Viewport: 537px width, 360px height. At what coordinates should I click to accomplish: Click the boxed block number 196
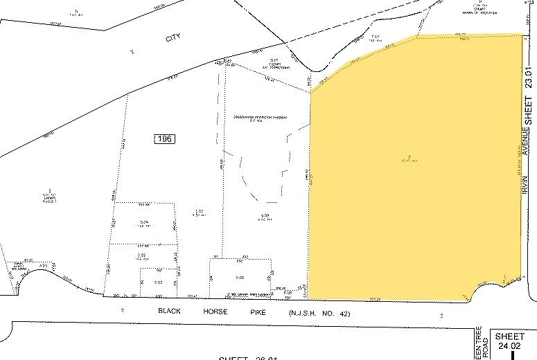click(164, 139)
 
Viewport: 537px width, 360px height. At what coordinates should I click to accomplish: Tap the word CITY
click(173, 39)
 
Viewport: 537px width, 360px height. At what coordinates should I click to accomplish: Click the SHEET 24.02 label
click(511, 339)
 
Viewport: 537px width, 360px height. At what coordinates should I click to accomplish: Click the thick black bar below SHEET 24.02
click(512, 354)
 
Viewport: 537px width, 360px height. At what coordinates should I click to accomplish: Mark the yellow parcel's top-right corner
click(521, 35)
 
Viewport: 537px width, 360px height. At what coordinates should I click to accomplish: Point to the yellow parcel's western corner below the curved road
click(310, 91)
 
